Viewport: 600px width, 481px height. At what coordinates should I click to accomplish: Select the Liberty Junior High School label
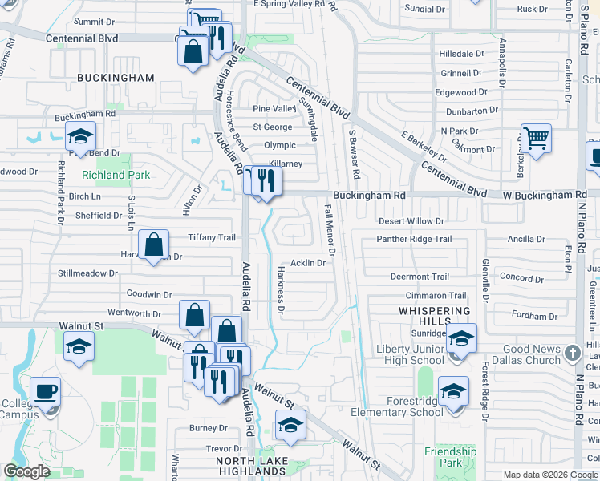[410, 354]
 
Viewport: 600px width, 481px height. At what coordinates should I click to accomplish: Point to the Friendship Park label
[451, 457]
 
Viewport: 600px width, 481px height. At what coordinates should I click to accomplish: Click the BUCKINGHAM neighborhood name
[116, 78]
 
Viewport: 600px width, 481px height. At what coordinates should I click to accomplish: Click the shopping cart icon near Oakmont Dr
[535, 137]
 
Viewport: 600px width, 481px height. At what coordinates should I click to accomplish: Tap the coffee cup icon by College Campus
[46, 391]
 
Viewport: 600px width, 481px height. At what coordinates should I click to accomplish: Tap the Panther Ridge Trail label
[415, 239]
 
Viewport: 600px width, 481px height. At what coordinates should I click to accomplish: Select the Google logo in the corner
[26, 471]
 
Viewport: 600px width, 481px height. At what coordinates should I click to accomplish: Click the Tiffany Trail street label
[211, 237]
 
